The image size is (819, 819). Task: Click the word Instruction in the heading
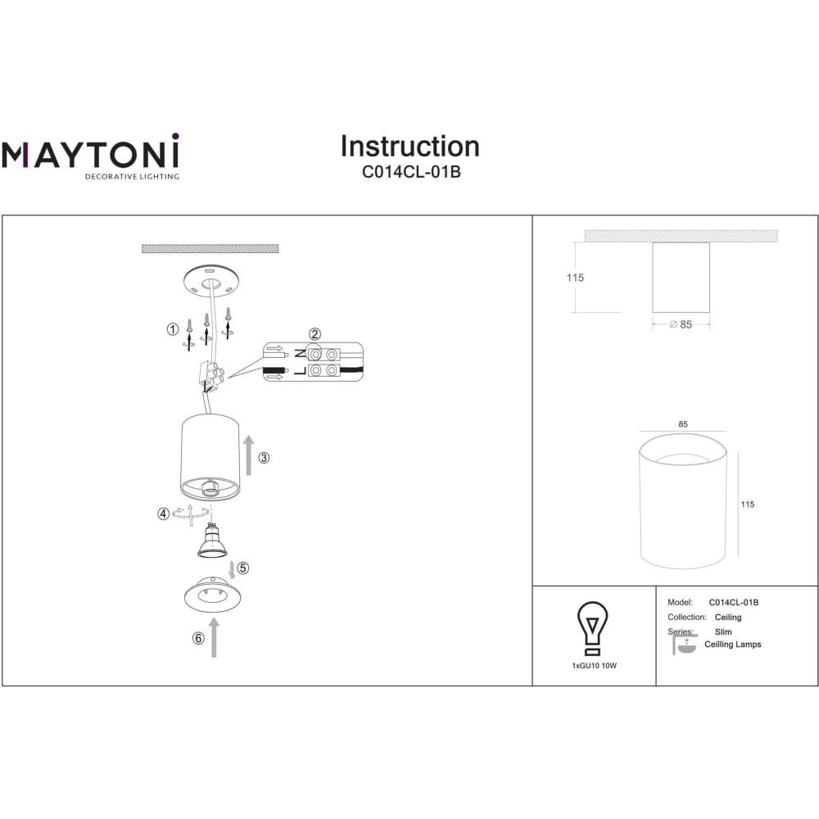point(410,147)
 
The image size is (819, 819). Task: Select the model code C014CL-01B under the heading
point(411,172)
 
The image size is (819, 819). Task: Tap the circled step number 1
point(173,329)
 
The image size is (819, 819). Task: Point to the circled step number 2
point(314,334)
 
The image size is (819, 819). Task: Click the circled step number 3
point(264,458)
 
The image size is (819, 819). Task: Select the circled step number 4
point(164,514)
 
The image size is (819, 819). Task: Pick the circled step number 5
point(243,568)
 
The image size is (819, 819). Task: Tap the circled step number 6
point(198,638)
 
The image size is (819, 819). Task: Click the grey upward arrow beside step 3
point(249,455)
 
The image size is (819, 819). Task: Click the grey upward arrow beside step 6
point(214,637)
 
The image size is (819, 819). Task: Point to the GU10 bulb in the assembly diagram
point(211,541)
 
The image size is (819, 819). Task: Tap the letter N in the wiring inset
point(301,354)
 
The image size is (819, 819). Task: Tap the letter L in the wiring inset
point(301,371)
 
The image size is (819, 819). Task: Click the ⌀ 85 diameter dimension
point(681,324)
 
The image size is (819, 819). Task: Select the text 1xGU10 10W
point(595,666)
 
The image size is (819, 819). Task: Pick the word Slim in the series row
point(723,631)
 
